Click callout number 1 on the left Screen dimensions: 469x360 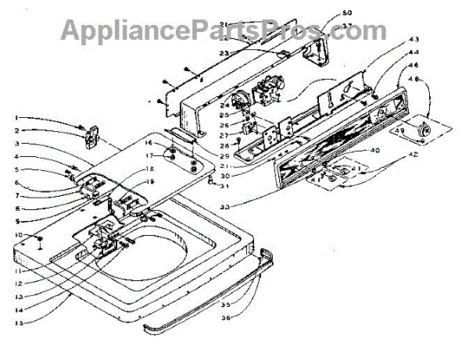16,117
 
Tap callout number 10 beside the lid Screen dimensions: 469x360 16,234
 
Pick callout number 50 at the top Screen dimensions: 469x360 326,13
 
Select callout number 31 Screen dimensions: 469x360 224,185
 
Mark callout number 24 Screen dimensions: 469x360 222,105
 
